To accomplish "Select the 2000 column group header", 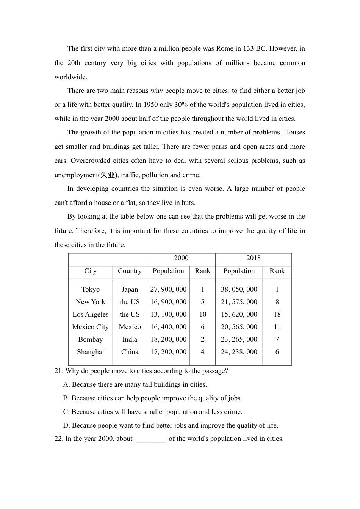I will (x=181, y=258).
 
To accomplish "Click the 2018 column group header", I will (x=254, y=258).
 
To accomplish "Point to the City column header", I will (x=90, y=271).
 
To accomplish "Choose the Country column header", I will (x=130, y=271).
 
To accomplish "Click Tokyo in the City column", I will (x=91, y=289).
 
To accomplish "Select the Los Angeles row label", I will (x=91, y=314).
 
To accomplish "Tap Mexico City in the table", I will (x=91, y=327).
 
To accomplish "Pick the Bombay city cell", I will (x=91, y=339).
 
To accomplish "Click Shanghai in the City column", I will (x=91, y=352).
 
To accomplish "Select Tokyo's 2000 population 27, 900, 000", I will (x=168, y=289).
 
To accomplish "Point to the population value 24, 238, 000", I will (x=239, y=352).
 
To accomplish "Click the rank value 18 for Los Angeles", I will (x=277, y=314).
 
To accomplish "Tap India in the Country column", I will (x=130, y=339).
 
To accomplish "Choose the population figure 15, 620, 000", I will (x=239, y=314).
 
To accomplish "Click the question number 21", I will (x=58, y=371).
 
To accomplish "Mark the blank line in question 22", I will (x=150, y=440).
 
